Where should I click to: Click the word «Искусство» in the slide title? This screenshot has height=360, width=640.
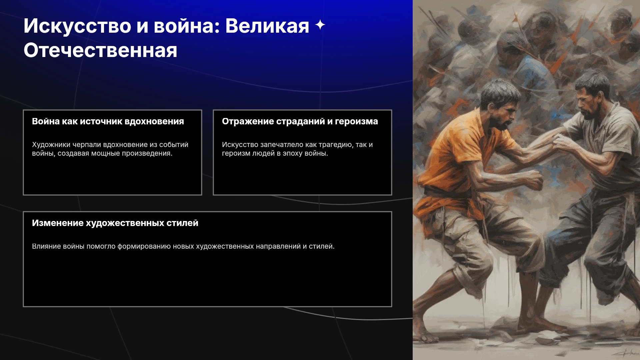pos(77,26)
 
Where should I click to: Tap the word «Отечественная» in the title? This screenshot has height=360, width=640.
pos(100,51)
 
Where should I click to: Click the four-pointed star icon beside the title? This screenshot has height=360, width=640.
pos(320,25)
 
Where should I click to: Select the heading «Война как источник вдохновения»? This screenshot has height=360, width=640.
pos(108,121)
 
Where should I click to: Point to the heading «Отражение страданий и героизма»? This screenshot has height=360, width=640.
pos(300,121)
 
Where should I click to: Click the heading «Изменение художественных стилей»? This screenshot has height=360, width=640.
pos(115,223)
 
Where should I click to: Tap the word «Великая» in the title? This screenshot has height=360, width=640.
pos(267,26)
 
